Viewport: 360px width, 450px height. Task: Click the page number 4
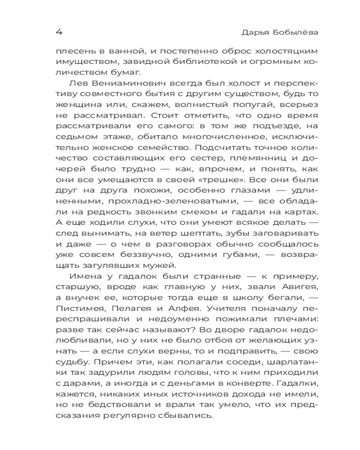tap(58, 33)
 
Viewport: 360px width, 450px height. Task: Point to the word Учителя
tap(212, 309)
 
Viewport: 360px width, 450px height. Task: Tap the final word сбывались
tap(184, 416)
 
